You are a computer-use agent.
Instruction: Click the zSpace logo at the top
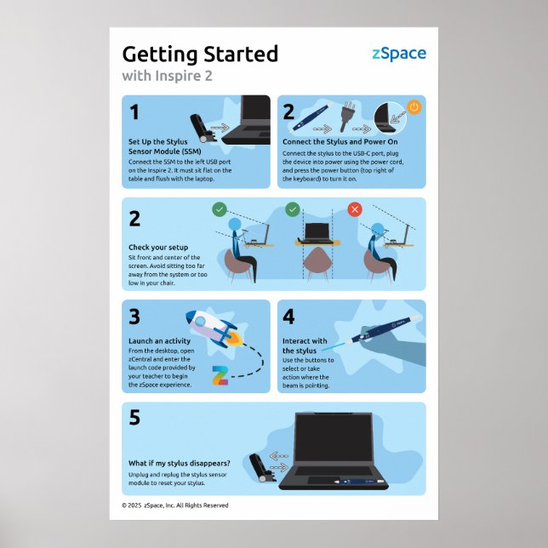[399, 54]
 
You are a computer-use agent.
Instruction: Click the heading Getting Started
[200, 54]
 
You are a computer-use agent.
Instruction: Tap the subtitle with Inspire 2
[167, 76]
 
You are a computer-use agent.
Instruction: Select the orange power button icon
[414, 107]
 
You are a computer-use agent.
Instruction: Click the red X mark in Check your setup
[355, 208]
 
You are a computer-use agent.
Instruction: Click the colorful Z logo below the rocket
[220, 374]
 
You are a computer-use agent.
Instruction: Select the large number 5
[134, 419]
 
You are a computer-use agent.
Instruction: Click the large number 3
[134, 317]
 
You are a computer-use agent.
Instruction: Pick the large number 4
[289, 317]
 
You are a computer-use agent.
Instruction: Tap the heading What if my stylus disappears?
[180, 463]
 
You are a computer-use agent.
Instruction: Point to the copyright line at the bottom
[175, 505]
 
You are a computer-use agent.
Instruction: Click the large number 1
[134, 111]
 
